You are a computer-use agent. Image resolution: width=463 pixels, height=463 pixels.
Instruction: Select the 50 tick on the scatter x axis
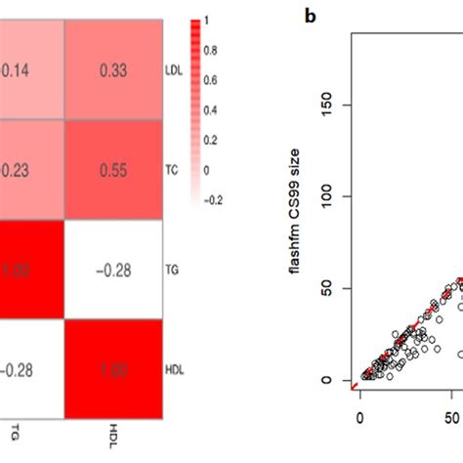click(454, 418)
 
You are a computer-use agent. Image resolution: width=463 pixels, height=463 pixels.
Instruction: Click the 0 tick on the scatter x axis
click(360, 418)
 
